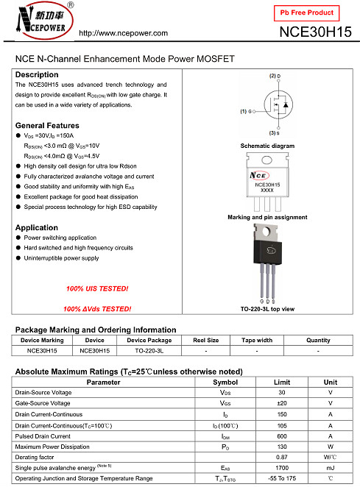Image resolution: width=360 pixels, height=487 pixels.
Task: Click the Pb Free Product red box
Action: pos(306,13)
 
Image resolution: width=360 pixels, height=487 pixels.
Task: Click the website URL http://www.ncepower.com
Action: pos(124,33)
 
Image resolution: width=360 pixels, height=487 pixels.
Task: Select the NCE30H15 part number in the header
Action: pos(315,32)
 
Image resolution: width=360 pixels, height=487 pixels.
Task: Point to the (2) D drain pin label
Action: pos(275,76)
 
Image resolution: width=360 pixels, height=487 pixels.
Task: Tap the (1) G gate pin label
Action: pos(246,111)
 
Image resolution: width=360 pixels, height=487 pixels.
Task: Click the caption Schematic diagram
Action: pos(267,146)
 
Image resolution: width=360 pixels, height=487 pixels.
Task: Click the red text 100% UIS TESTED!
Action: pos(97,288)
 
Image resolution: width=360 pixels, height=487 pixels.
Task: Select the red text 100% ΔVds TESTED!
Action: pos(97,309)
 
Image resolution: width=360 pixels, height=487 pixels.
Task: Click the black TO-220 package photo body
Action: pos(268,252)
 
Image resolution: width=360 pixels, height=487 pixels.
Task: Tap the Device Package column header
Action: pos(149,341)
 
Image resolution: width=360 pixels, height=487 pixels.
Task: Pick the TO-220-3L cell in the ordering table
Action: pos(149,351)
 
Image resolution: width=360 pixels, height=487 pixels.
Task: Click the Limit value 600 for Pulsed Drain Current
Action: pos(282,436)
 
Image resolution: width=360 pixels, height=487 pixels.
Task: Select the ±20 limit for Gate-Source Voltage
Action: pos(282,403)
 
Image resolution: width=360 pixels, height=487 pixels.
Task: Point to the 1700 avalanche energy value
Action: pos(282,468)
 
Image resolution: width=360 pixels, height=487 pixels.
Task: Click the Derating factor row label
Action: pos(35,457)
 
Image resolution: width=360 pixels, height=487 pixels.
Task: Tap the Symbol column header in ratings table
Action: pos(225,383)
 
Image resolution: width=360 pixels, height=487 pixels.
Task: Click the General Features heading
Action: pos(47,126)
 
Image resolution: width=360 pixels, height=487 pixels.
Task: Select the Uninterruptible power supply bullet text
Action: pos(62,258)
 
